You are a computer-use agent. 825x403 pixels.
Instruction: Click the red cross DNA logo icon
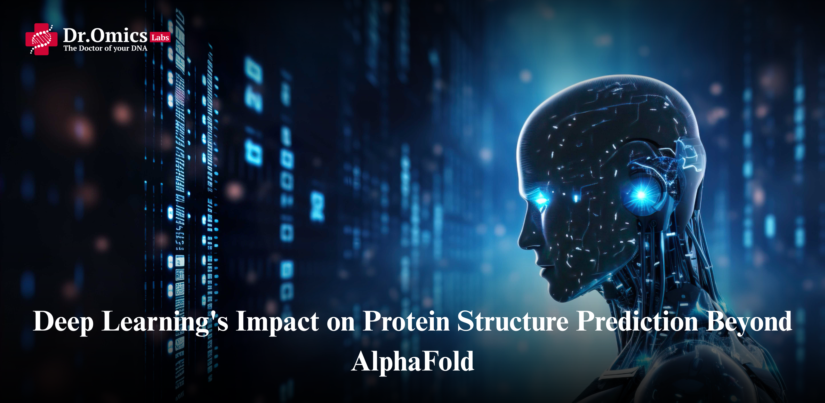point(41,39)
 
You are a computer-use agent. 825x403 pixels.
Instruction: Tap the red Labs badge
point(160,37)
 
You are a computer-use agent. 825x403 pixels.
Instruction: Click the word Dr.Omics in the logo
point(105,35)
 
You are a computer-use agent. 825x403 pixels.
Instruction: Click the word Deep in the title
point(63,321)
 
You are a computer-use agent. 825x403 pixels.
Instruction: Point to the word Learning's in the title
point(165,321)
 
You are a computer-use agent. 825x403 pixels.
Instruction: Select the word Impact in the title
point(277,321)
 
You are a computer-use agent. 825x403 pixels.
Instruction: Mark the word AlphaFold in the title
point(412,361)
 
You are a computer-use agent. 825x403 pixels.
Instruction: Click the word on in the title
point(340,324)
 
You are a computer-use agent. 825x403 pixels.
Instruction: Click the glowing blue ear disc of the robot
point(641,194)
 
